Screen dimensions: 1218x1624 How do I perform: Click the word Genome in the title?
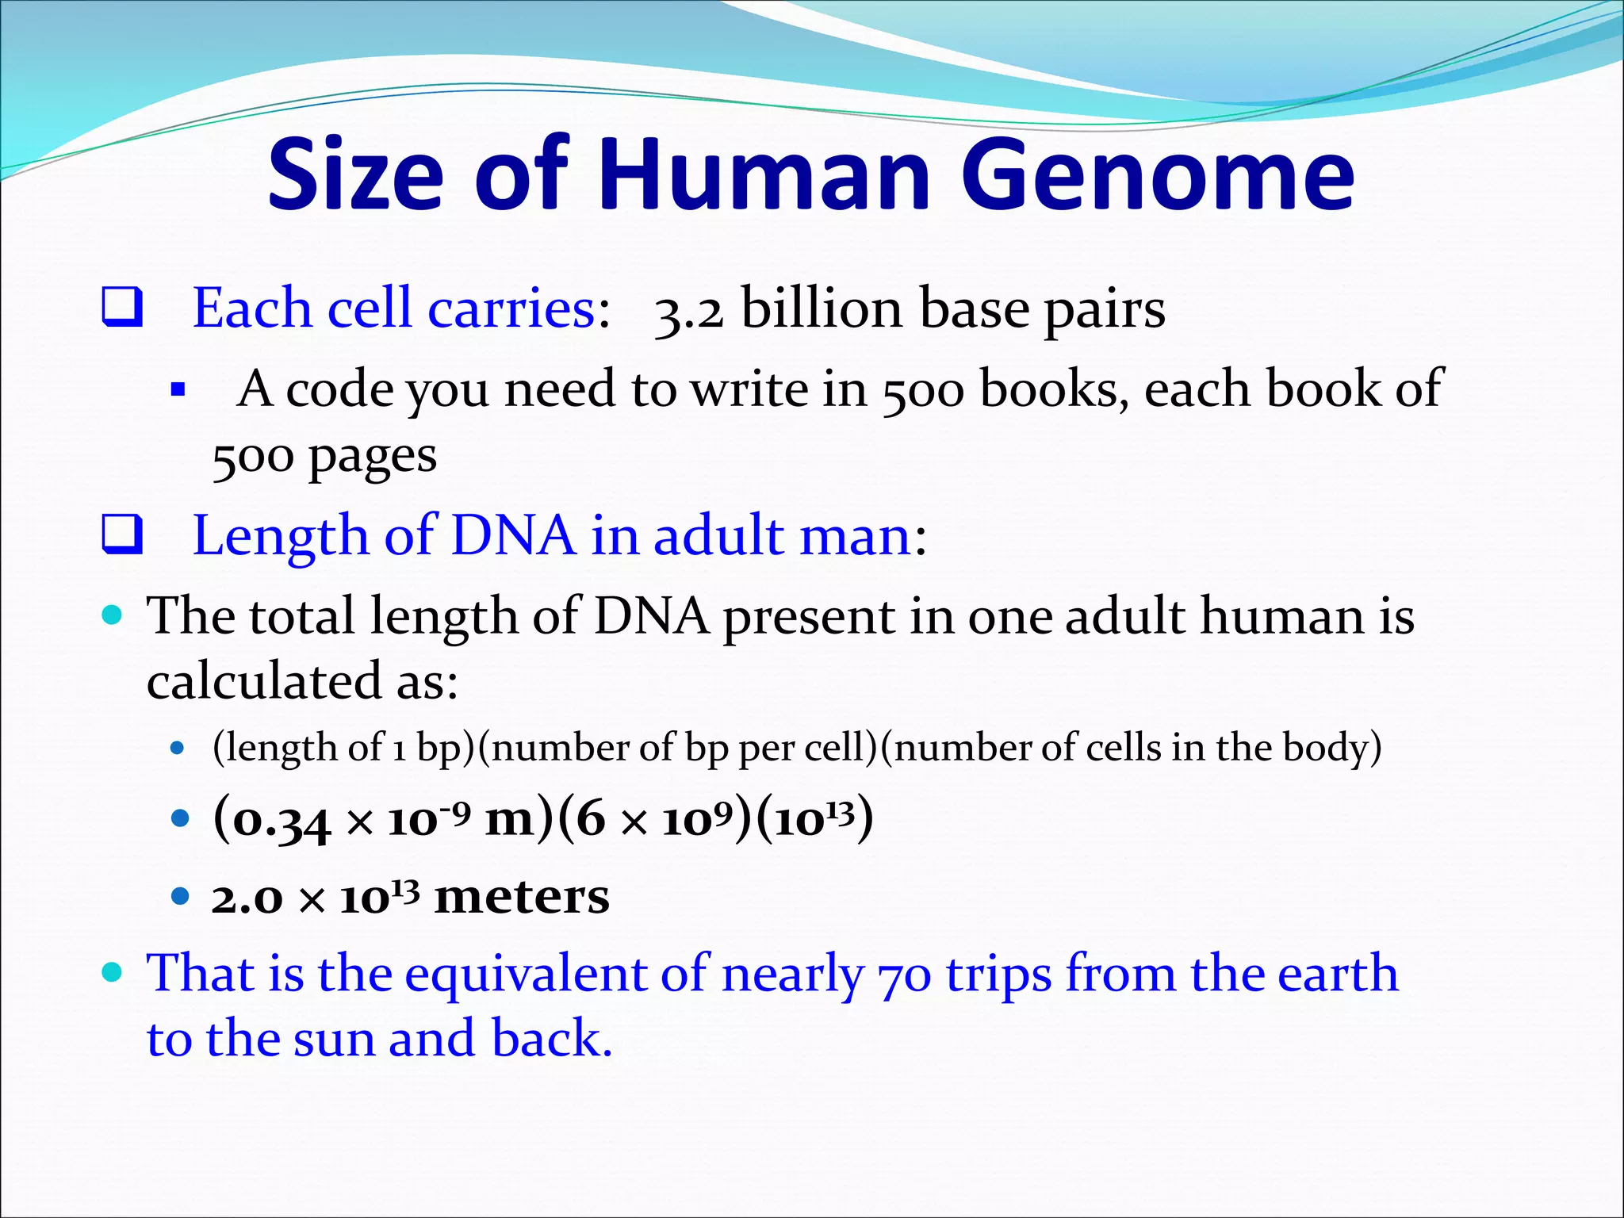[1158, 176]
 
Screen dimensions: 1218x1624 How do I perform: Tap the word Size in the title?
[355, 176]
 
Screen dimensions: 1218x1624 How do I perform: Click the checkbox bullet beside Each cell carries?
[122, 308]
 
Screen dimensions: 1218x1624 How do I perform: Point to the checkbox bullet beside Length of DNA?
[122, 535]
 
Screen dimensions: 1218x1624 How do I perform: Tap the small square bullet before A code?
[178, 390]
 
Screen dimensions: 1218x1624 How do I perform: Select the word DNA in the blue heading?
[513, 535]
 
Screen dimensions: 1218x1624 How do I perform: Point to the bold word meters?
[522, 897]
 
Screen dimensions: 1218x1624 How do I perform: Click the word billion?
[822, 308]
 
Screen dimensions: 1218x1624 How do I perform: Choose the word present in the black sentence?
[809, 618]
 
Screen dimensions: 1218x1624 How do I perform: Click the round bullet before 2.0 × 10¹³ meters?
[181, 897]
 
